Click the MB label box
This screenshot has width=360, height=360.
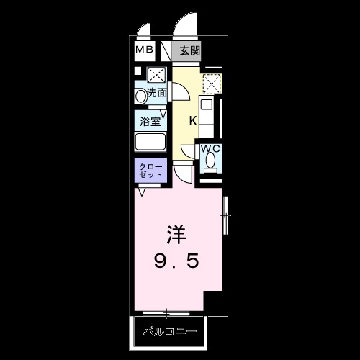click(x=145, y=50)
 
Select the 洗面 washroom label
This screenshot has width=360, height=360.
click(x=157, y=93)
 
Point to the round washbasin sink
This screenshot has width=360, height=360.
click(x=141, y=94)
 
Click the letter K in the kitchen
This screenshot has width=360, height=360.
click(x=193, y=120)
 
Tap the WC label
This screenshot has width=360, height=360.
click(x=210, y=149)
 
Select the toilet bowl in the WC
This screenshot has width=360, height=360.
click(x=210, y=163)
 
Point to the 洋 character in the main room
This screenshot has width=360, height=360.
click(x=178, y=234)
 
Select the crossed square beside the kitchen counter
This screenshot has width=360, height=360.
click(x=210, y=85)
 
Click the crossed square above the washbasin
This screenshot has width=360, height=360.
click(x=156, y=75)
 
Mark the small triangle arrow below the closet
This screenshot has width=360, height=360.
click(x=142, y=190)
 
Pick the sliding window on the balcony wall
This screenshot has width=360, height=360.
click(x=166, y=313)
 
